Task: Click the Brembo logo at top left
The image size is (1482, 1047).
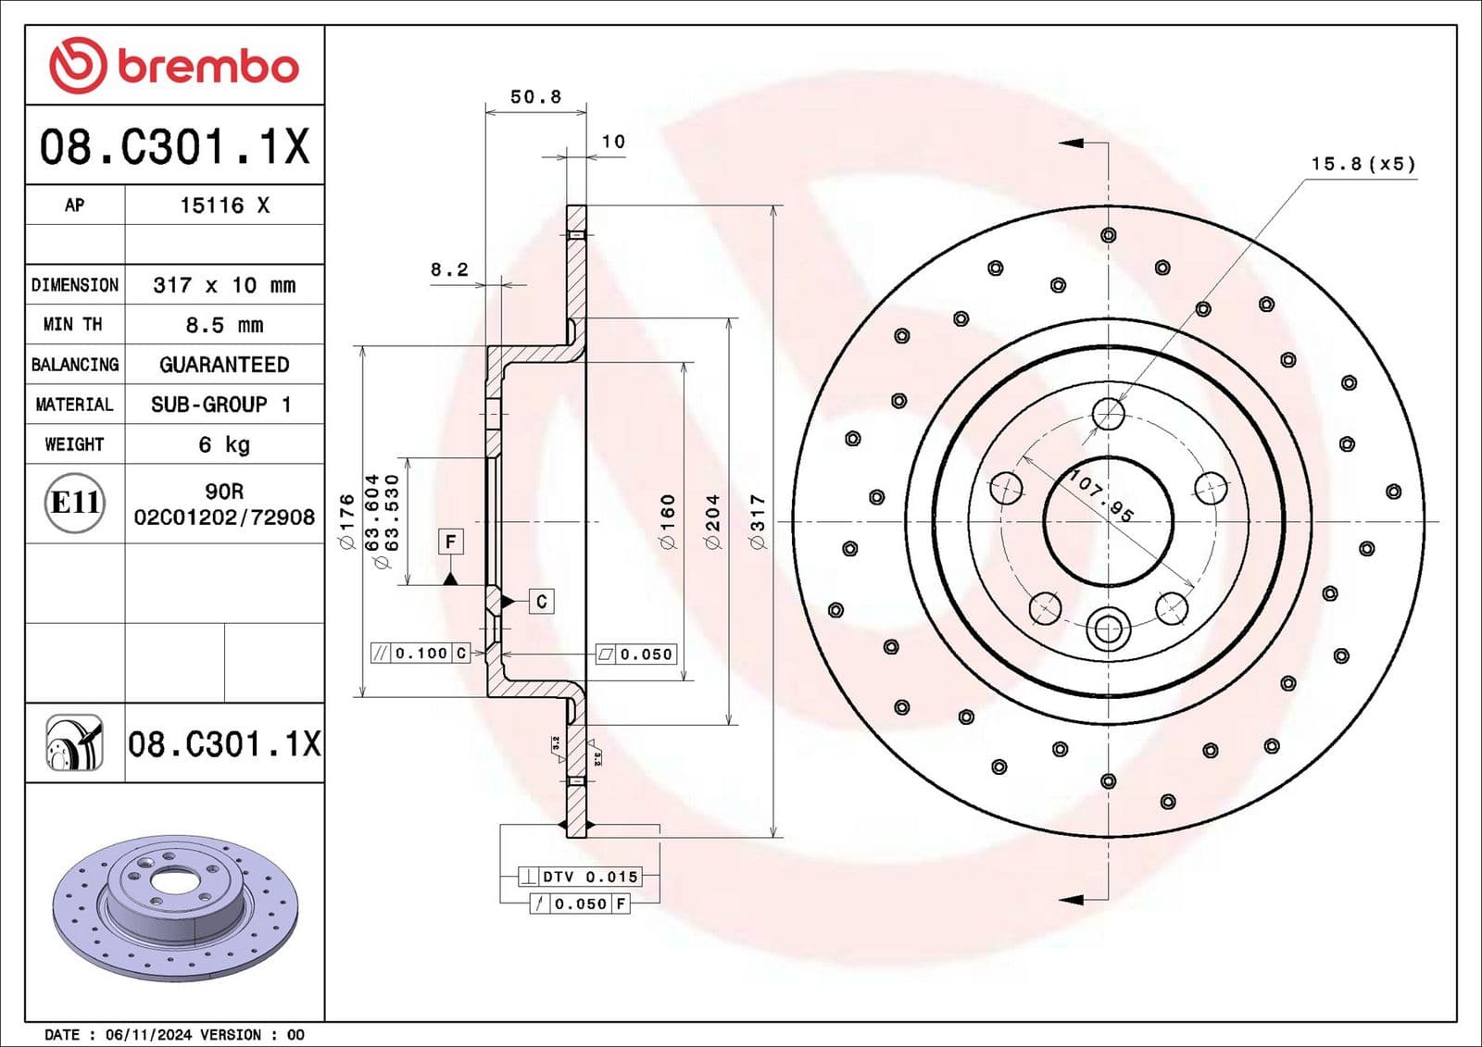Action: [174, 66]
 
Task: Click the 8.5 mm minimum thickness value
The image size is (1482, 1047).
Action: [224, 325]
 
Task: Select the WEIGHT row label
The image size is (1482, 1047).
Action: [74, 444]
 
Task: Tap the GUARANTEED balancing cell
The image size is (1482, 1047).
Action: [224, 365]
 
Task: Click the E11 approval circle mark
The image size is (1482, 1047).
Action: [75, 503]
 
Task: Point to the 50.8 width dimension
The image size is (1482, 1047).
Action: [535, 96]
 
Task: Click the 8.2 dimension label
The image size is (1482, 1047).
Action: [449, 269]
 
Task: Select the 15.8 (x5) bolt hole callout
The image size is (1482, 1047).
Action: [1363, 164]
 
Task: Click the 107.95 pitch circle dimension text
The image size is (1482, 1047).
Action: [1101, 496]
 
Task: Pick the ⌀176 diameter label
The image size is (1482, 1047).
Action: [346, 520]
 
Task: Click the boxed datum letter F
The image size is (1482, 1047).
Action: [450, 542]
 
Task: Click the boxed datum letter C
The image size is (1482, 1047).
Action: [542, 602]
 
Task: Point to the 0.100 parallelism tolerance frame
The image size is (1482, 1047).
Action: [421, 654]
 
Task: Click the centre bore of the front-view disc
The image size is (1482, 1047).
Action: [1108, 521]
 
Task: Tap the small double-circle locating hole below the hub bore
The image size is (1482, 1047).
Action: [1108, 629]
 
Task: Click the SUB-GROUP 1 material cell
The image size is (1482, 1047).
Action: [222, 405]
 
